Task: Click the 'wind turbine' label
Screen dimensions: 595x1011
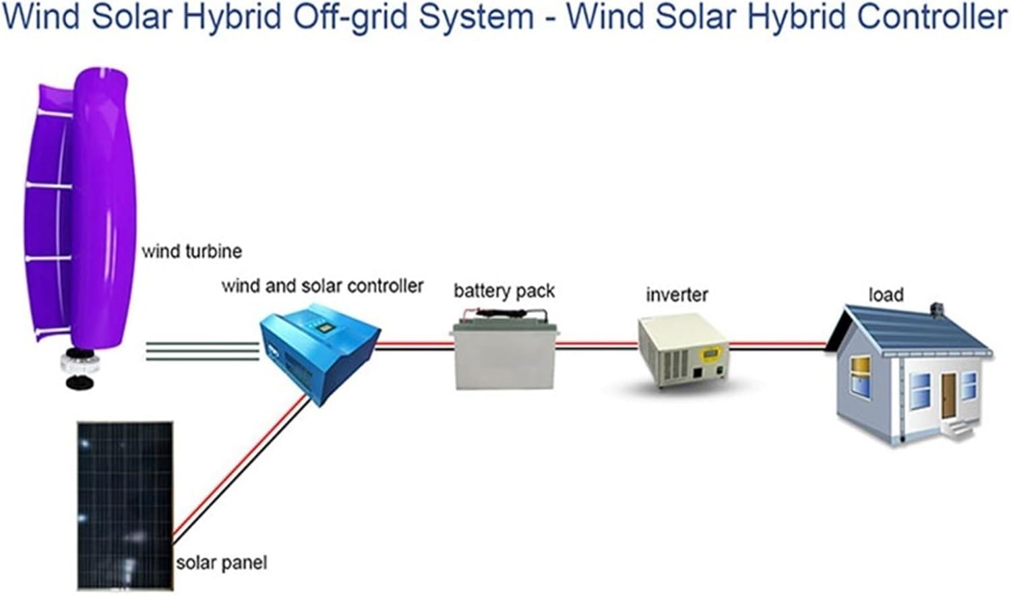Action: point(191,252)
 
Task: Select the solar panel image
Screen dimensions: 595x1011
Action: point(125,506)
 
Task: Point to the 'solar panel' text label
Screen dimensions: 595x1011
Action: point(221,563)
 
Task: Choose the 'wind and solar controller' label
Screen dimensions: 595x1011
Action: point(322,286)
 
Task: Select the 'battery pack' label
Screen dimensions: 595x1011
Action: point(503,291)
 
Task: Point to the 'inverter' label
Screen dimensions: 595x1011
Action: point(677,295)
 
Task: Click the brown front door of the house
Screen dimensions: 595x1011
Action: point(948,395)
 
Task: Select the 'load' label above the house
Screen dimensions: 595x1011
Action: point(886,295)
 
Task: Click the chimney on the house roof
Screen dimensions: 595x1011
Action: point(936,310)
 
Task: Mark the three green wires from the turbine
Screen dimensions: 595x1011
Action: point(202,351)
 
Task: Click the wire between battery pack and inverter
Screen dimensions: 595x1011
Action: point(596,346)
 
